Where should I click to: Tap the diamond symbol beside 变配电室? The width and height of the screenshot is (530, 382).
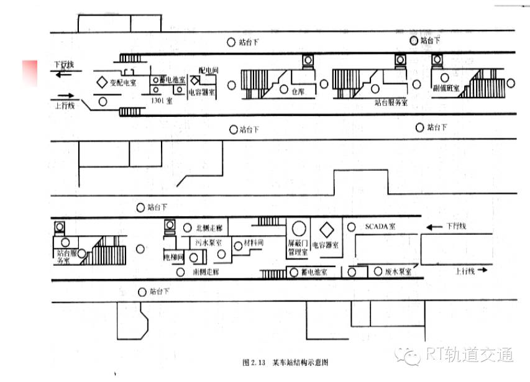tap(101, 82)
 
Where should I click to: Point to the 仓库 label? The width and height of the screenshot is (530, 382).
tap(298, 91)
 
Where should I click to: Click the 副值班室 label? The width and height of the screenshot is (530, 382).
tap(447, 89)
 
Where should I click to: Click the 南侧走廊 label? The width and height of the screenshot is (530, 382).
tap(206, 272)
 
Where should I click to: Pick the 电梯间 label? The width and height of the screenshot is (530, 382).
tap(171, 256)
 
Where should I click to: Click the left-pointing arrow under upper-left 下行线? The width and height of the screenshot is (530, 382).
tap(63, 74)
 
